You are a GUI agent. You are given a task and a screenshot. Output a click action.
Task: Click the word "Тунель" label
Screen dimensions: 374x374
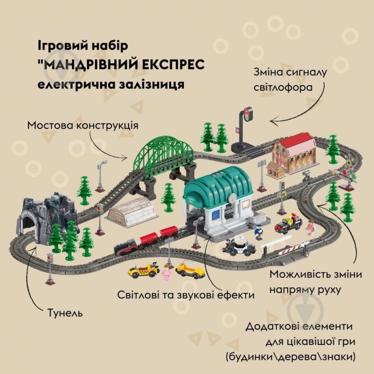click(65, 313)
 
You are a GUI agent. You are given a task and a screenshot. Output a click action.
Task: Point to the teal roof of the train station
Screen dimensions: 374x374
click(218, 183)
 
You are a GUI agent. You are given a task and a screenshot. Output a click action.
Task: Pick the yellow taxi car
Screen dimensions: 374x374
click(144, 271)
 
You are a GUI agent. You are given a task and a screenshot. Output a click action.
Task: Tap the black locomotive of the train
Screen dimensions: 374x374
click(126, 247)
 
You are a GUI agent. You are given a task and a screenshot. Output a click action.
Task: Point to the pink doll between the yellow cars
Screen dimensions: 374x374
click(167, 272)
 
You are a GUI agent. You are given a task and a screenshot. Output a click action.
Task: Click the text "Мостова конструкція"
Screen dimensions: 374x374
click(83, 125)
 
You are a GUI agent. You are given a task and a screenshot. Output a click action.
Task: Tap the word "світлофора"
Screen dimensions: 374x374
click(283, 88)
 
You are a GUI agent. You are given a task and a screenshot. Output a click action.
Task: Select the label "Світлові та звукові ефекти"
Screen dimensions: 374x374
click(186, 295)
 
